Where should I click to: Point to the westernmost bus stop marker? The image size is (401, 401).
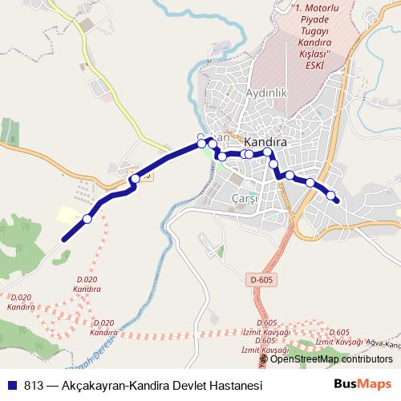[x=87, y=218]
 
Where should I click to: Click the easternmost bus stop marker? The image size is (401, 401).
[x=330, y=195]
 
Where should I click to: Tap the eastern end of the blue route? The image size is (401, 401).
[x=338, y=201]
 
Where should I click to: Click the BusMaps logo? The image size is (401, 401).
[x=363, y=384]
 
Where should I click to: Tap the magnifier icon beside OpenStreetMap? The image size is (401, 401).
[x=264, y=359]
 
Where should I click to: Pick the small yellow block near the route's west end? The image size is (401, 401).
[x=66, y=214]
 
